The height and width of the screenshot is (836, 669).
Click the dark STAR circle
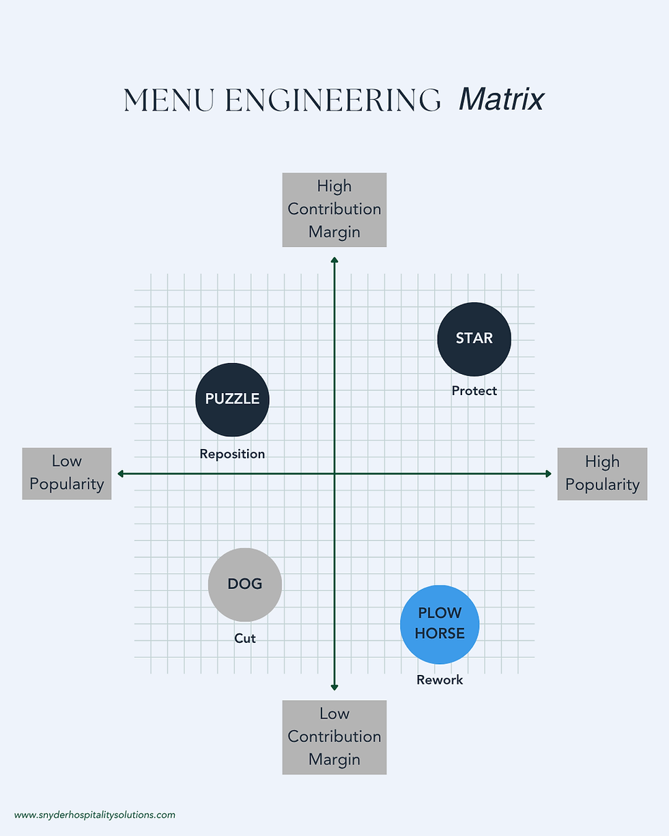pyautogui.click(x=474, y=339)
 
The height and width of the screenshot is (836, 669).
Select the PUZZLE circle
pyautogui.click(x=232, y=399)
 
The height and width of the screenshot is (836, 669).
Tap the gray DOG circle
pyautogui.click(x=244, y=585)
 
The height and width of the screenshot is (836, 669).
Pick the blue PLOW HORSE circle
pyautogui.click(x=440, y=624)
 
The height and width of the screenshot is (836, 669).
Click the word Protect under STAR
pyautogui.click(x=474, y=391)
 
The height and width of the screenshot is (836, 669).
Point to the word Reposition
pyautogui.click(x=232, y=454)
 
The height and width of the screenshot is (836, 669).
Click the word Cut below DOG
pyautogui.click(x=244, y=639)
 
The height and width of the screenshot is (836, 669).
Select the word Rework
pyautogui.click(x=440, y=680)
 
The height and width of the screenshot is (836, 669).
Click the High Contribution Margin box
pyautogui.click(x=334, y=210)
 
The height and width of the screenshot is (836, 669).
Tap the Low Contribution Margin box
pyautogui.click(x=334, y=737)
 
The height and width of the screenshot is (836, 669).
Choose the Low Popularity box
pyautogui.click(x=67, y=474)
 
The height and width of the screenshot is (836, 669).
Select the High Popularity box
pyautogui.click(x=602, y=474)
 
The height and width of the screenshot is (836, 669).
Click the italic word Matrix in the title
pyautogui.click(x=501, y=100)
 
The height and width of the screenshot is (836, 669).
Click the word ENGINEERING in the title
pyautogui.click(x=333, y=101)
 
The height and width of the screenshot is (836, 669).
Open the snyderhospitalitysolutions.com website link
pyautogui.click(x=94, y=815)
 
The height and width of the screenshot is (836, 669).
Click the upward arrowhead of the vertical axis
pyautogui.click(x=334, y=259)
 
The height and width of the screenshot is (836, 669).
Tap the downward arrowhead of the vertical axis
pyautogui.click(x=334, y=687)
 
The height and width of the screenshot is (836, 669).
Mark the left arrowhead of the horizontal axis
pyautogui.click(x=121, y=474)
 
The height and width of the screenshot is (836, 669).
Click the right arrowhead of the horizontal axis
pyautogui.click(x=548, y=474)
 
